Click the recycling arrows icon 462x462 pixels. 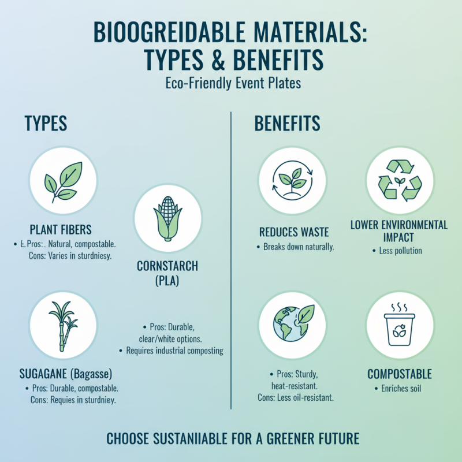point(400,181)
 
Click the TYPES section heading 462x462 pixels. point(46,123)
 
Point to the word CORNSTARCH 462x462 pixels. point(167,266)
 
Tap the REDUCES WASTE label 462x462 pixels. point(294,232)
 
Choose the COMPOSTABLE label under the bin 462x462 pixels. point(400,374)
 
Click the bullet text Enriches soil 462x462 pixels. point(401,389)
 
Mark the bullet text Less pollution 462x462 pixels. point(401,251)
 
